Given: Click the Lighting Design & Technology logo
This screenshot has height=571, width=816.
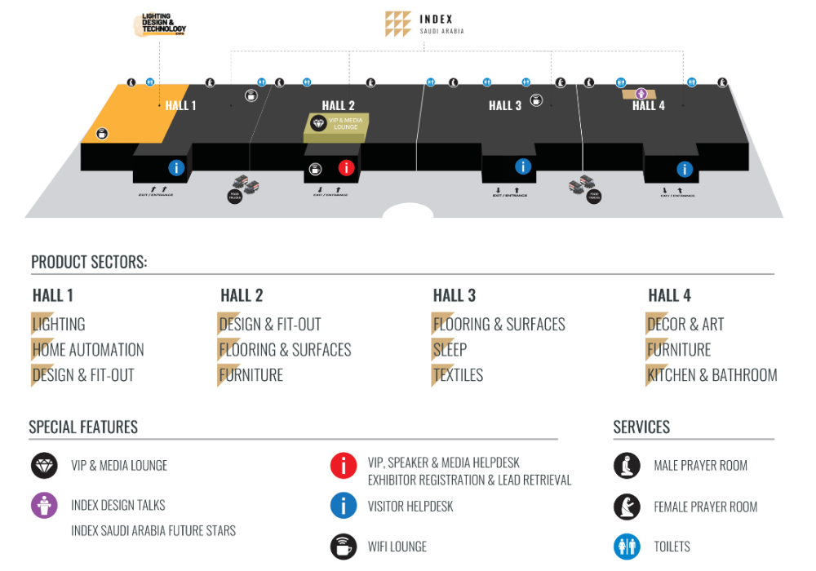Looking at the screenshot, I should pyautogui.click(x=161, y=24).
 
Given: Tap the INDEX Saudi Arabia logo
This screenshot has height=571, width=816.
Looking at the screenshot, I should pyautogui.click(x=424, y=24).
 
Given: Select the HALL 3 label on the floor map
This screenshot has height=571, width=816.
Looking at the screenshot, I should pyautogui.click(x=505, y=105).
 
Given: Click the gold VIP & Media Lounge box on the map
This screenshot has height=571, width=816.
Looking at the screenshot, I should pyautogui.click(x=338, y=123).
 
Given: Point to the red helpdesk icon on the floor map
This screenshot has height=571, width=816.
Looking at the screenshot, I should pyautogui.click(x=346, y=168).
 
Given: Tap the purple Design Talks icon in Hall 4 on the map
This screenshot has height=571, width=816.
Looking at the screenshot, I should pyautogui.click(x=641, y=94).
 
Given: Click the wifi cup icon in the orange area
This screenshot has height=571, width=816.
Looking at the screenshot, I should pyautogui.click(x=102, y=133).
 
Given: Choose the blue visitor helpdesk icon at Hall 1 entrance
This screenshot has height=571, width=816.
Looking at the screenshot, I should pyautogui.click(x=176, y=167).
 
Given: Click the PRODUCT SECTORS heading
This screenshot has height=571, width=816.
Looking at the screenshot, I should pyautogui.click(x=88, y=262).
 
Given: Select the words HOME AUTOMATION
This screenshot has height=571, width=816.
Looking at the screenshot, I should pyautogui.click(x=88, y=350).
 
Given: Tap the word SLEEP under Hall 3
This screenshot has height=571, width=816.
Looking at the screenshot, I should pyautogui.click(x=450, y=350).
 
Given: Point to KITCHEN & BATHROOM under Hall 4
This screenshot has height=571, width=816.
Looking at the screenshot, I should pyautogui.click(x=712, y=375).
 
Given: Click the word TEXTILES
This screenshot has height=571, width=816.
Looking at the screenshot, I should pyautogui.click(x=459, y=375).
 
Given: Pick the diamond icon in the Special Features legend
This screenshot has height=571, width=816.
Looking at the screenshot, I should pyautogui.click(x=44, y=466).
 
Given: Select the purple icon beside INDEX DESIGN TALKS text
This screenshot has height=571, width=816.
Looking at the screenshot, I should pyautogui.click(x=44, y=506).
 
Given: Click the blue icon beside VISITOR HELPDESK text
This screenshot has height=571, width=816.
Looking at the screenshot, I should pyautogui.click(x=344, y=506).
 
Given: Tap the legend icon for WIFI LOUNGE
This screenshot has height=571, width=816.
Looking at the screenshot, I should pyautogui.click(x=344, y=547).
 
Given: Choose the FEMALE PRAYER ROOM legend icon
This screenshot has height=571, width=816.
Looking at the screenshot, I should pyautogui.click(x=627, y=507).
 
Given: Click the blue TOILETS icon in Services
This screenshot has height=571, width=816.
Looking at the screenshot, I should pyautogui.click(x=627, y=547).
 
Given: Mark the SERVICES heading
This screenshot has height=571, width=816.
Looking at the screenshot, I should pyautogui.click(x=641, y=427).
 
